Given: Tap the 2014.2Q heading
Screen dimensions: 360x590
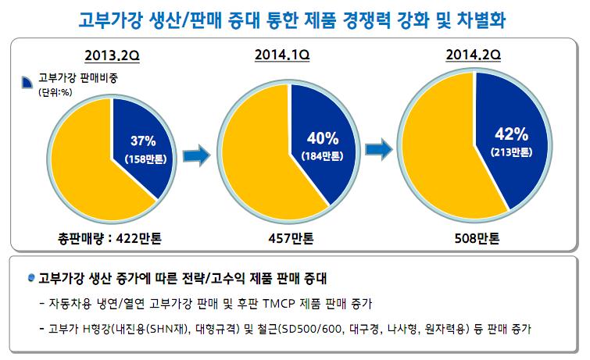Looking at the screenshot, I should tap(474, 55).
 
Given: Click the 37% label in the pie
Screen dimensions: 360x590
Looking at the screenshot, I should tap(143, 141).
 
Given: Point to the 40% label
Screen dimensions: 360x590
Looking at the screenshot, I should tap(323, 138).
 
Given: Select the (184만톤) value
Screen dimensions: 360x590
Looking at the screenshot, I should tap(322, 155).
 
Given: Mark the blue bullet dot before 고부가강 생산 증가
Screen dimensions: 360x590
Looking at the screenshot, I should tap(30, 276).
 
